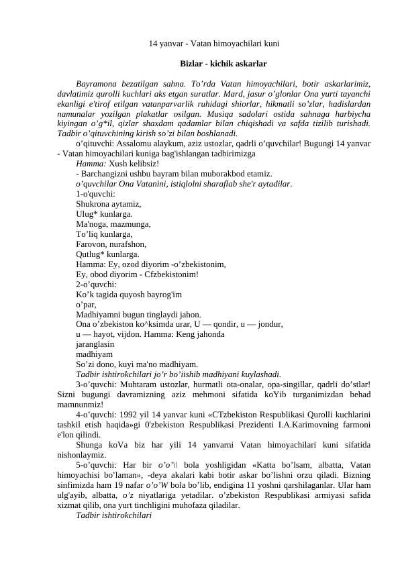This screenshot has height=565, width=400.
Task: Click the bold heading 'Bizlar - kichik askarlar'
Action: click(x=223, y=64)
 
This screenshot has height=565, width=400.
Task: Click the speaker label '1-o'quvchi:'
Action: click(x=96, y=193)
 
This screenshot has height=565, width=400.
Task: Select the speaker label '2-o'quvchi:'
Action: click(x=96, y=285)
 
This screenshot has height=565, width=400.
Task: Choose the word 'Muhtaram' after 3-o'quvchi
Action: click(x=138, y=384)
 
